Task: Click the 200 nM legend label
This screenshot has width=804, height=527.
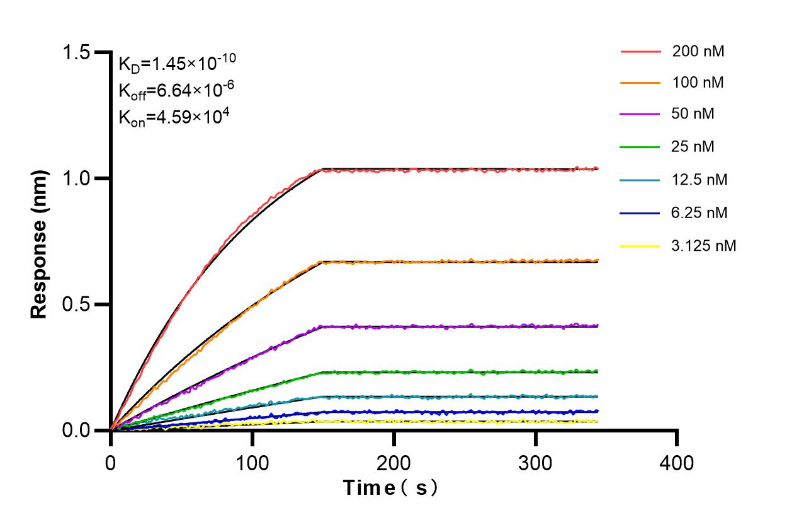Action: pyautogui.click(x=698, y=51)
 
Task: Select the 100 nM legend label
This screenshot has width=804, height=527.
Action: pyautogui.click(x=698, y=83)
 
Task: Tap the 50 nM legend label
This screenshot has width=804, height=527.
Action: pyautogui.click(x=693, y=115)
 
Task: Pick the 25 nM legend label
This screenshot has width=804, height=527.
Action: pyautogui.click(x=693, y=147)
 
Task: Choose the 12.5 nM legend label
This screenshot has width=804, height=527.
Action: pyautogui.click(x=699, y=180)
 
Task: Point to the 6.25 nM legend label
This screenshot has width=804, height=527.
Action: pyautogui.click(x=699, y=212)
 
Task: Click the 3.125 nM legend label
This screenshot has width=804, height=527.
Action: pyautogui.click(x=703, y=245)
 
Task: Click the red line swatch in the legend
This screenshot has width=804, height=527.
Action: pyautogui.click(x=640, y=51)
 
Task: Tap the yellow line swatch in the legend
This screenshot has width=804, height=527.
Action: pyautogui.click(x=640, y=245)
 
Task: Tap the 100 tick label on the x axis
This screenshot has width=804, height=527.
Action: pyautogui.click(x=252, y=463)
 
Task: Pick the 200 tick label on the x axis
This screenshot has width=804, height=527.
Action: pyautogui.click(x=394, y=463)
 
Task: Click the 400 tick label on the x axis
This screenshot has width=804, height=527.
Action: pyautogui.click(x=677, y=463)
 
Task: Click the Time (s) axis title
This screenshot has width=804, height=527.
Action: pyautogui.click(x=390, y=488)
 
